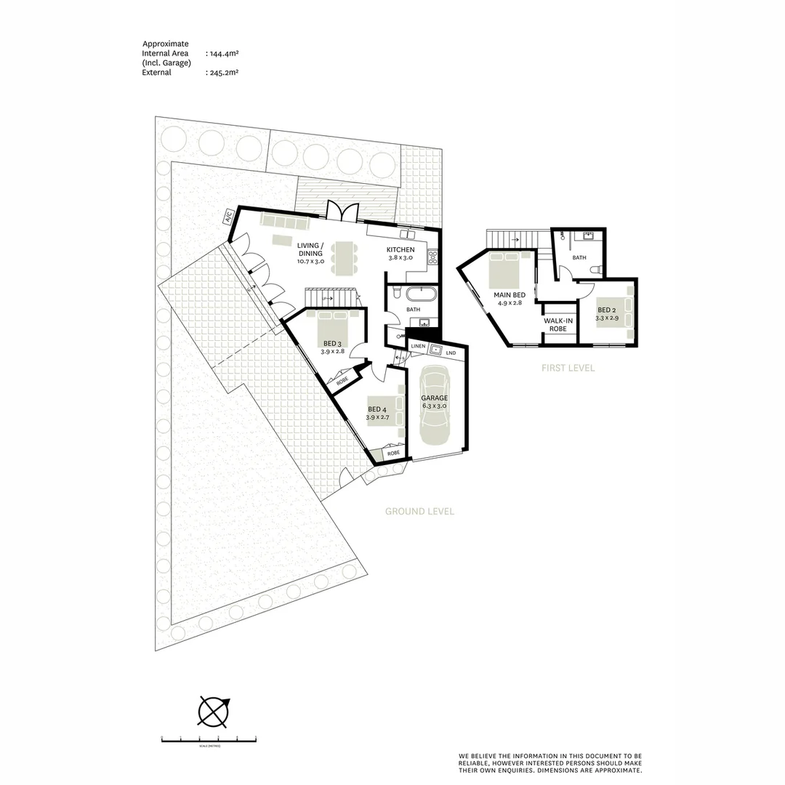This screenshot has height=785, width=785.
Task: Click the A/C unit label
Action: pyautogui.click(x=228, y=216)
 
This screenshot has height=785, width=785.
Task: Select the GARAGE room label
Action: pyautogui.click(x=434, y=398)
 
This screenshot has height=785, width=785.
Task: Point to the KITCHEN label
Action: pyautogui.click(x=400, y=250)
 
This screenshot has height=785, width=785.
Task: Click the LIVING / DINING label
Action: pyautogui.click(x=310, y=249)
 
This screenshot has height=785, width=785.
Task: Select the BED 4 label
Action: pyautogui.click(x=377, y=409)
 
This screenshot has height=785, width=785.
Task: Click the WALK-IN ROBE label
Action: pyautogui.click(x=557, y=324)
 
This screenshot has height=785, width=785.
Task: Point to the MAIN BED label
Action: pyautogui.click(x=509, y=295)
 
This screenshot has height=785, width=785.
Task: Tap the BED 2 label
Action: pyautogui.click(x=607, y=310)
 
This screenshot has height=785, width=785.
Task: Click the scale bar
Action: pyautogui.click(x=209, y=740)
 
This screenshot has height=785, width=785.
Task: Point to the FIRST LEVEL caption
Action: pyautogui.click(x=568, y=369)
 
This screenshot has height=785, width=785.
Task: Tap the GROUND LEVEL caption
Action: pyautogui.click(x=419, y=512)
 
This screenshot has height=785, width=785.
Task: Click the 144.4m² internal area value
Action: pyautogui.click(x=222, y=54)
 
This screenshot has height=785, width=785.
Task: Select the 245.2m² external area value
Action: pyautogui.click(x=222, y=73)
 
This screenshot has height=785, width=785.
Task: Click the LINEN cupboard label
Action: pyautogui.click(x=418, y=347)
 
